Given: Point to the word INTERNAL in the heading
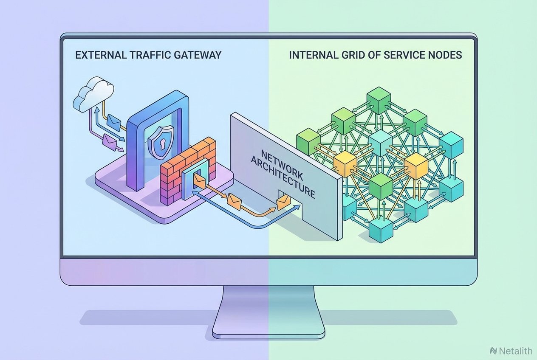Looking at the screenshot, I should click(x=309, y=55).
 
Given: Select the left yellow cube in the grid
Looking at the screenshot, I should click(x=344, y=163).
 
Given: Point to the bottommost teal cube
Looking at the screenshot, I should click(x=381, y=230).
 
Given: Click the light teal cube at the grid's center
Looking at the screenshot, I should click(x=380, y=140).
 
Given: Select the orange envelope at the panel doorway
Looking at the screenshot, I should click(x=283, y=202).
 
